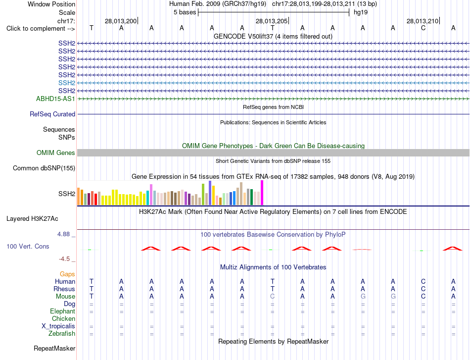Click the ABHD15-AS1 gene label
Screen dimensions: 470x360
click(x=55, y=99)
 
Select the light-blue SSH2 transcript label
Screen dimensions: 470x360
click(x=67, y=83)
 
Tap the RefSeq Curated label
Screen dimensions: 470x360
click(x=52, y=114)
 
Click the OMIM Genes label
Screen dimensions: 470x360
click(x=56, y=153)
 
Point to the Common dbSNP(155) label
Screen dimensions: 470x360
click(x=44, y=168)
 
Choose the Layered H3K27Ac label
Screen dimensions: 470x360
click(x=32, y=219)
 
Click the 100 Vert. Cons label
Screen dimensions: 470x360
click(x=28, y=246)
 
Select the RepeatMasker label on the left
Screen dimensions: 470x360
click(x=54, y=348)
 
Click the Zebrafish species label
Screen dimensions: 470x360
click(x=62, y=333)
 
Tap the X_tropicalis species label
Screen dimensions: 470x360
click(x=58, y=326)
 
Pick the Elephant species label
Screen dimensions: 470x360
click(x=62, y=311)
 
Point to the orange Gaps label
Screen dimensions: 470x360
click(x=67, y=274)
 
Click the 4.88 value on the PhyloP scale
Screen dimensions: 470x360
click(x=63, y=234)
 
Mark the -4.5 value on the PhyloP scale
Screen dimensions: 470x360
click(x=64, y=258)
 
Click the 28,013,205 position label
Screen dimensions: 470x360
click(x=272, y=21)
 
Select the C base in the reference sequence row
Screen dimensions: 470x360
click(x=423, y=28)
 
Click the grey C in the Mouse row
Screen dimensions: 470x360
click(x=272, y=297)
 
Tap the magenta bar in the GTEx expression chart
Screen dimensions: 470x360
click(x=262, y=193)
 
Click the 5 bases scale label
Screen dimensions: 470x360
click(x=185, y=12)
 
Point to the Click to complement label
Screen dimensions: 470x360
click(x=41, y=29)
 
